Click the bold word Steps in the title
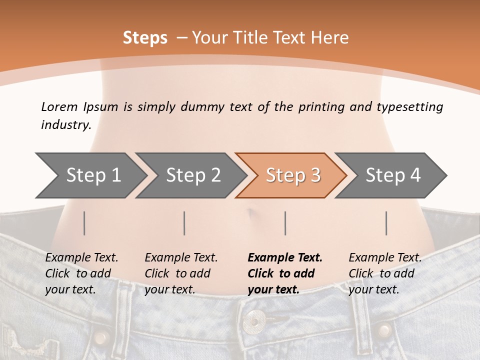coord(145,38)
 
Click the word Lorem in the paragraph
coord(59,107)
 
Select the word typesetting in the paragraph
coord(409,107)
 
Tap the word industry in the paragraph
coord(66,124)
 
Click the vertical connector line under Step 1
coord(84,223)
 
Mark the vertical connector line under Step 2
coord(184,223)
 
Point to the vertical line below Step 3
coord(285,223)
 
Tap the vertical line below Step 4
coord(386,223)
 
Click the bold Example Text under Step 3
coord(285,258)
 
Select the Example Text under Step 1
coord(81,258)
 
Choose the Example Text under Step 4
coord(385,258)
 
